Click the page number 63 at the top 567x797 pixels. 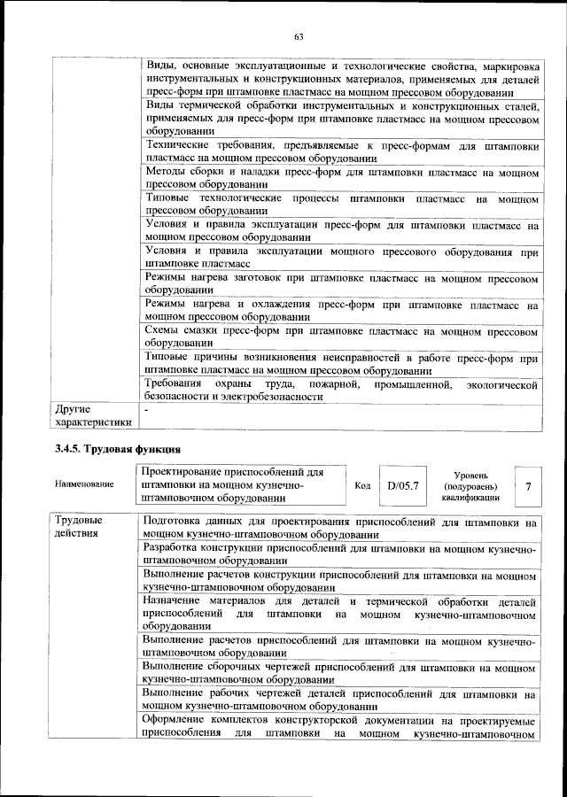299,36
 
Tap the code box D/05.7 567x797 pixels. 401,486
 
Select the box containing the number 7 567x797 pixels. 528,486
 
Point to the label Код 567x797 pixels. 362,486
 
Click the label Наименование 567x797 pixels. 84,485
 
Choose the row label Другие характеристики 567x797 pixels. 92,416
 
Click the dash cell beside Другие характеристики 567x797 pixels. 148,410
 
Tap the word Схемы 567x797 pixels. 165,330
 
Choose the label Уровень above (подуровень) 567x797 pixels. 470,476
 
